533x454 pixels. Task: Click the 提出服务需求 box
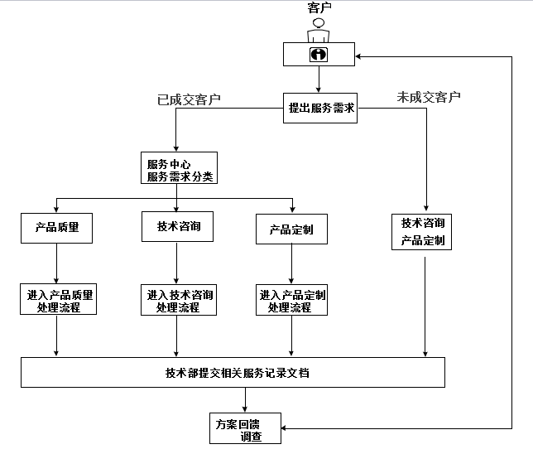click(320, 108)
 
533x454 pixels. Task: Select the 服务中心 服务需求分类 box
click(179, 168)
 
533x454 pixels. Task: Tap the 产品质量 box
click(57, 228)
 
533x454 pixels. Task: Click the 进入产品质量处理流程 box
click(59, 299)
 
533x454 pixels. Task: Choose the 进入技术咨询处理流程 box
click(179, 300)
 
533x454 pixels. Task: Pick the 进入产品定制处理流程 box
click(291, 300)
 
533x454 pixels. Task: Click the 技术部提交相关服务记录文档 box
click(233, 372)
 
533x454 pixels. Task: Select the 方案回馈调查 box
click(246, 428)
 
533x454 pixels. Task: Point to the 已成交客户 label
click(189, 99)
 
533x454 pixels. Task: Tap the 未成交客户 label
click(429, 97)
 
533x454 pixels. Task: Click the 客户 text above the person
click(319, 7)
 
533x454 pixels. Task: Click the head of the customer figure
click(319, 23)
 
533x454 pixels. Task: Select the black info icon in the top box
click(319, 55)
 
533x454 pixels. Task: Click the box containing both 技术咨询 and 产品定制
click(421, 232)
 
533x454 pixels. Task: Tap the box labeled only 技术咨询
click(177, 227)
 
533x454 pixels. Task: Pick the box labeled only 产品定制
click(291, 229)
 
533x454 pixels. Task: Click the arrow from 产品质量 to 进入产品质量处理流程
click(56, 263)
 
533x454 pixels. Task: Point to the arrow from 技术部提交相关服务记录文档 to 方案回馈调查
click(245, 400)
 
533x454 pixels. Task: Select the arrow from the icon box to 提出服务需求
click(319, 80)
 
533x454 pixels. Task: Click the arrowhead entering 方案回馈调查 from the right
click(284, 428)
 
